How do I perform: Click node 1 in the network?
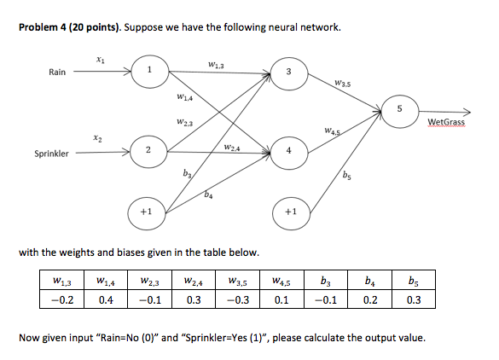pos(150,72)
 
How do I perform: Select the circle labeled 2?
pos(149,152)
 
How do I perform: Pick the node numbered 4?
pos(289,152)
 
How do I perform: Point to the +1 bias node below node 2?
pos(149,211)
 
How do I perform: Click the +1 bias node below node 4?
pos(290,211)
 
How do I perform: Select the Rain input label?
pos(56,73)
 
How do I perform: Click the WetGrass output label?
pos(448,124)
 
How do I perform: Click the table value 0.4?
pos(107,299)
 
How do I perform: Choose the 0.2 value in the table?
pos(368,299)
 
